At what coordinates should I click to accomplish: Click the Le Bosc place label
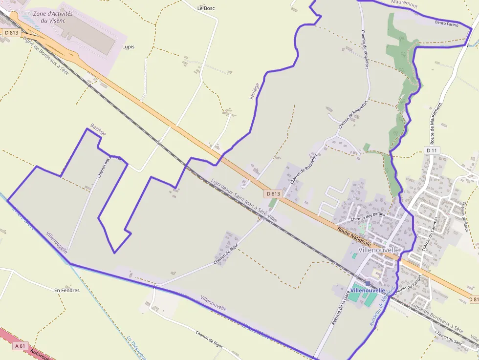(x=206, y=8)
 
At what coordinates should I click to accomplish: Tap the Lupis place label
(x=128, y=47)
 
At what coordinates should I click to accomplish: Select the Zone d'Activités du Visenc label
(x=53, y=17)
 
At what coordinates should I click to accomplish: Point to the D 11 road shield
(x=431, y=150)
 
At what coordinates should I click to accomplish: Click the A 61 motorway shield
(x=20, y=346)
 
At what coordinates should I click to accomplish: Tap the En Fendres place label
(x=67, y=290)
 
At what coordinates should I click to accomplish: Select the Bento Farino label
(x=447, y=23)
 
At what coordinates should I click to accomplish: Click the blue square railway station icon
(x=368, y=283)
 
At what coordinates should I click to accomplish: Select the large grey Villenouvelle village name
(x=379, y=250)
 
